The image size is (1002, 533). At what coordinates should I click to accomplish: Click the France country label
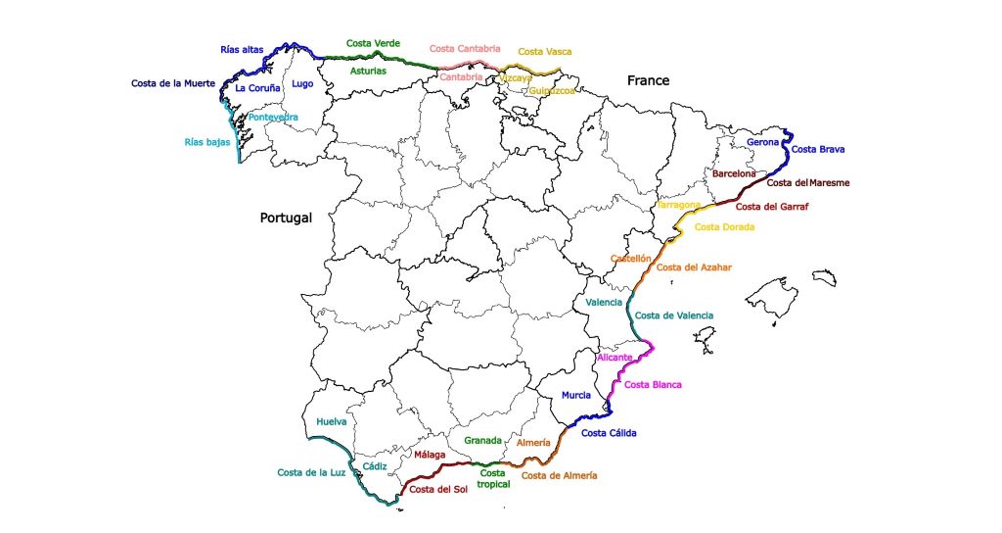coord(649,80)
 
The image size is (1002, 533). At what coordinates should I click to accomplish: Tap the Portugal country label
coord(286,218)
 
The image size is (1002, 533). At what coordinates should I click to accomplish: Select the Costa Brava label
coord(817,150)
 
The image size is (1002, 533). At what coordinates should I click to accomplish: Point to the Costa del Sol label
coord(437,489)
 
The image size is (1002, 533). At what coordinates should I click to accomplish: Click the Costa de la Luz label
coord(312,472)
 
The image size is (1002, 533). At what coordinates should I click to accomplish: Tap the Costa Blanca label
coord(653,384)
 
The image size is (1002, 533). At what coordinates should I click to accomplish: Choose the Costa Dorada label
coord(724,227)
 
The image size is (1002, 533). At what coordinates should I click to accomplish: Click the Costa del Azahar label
coord(694,266)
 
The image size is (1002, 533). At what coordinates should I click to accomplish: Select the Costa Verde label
coord(373,44)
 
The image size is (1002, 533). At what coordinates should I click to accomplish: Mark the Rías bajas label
coord(207,142)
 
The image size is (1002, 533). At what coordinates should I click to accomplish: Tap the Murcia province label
coord(575,396)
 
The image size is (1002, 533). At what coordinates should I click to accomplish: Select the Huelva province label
coord(331,422)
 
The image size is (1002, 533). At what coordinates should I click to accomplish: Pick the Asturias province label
coord(369,71)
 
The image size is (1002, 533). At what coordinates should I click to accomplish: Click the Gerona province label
coord(763,142)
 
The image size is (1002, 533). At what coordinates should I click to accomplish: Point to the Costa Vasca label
coord(545,52)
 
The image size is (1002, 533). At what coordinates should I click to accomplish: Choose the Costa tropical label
coord(492,478)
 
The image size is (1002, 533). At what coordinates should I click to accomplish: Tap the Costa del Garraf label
coord(773,207)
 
